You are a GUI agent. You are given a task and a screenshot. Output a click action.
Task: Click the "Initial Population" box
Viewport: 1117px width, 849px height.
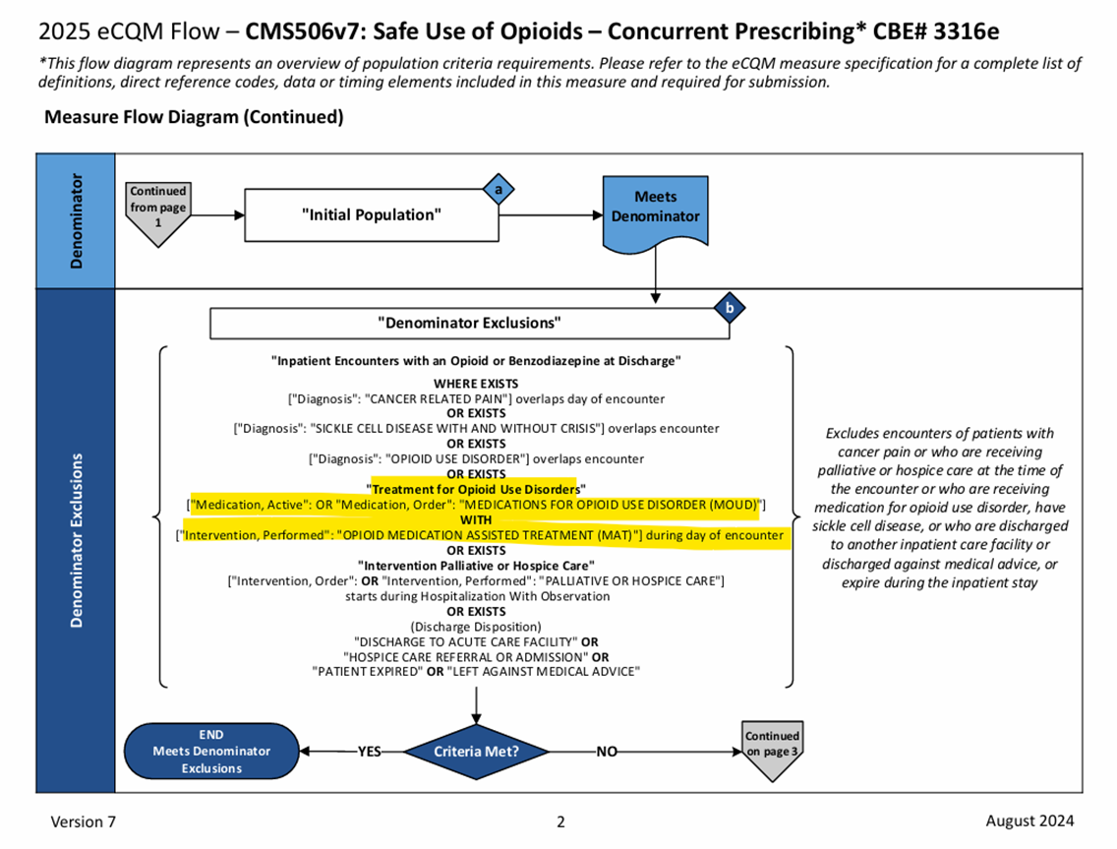click(x=372, y=214)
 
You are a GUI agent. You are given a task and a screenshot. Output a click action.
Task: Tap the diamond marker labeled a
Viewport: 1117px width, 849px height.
click(x=499, y=188)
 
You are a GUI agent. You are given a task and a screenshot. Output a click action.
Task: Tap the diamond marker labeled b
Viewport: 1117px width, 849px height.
click(x=729, y=308)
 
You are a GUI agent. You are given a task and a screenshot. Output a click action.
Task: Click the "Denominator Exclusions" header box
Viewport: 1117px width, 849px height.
click(x=469, y=323)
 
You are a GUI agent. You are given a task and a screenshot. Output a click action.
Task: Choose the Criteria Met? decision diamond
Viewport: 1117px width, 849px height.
click(x=476, y=752)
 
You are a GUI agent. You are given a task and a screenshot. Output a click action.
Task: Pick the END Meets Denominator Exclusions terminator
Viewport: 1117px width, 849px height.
click(x=211, y=752)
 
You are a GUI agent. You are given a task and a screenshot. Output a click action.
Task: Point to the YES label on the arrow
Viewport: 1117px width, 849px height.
click(x=369, y=752)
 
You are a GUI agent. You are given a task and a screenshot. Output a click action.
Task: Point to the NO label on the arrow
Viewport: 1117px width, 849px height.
click(x=607, y=752)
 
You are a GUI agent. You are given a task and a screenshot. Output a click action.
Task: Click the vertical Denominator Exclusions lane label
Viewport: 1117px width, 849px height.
click(x=76, y=540)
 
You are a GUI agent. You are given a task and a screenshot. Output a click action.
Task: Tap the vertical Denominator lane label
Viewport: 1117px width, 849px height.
click(x=76, y=221)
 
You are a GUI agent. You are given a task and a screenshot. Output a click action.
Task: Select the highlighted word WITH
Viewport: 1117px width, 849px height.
click(x=476, y=519)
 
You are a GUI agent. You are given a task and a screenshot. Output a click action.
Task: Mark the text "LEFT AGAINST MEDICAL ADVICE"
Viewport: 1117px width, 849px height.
click(x=544, y=671)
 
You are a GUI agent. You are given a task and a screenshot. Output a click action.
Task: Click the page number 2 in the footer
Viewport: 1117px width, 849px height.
click(x=560, y=821)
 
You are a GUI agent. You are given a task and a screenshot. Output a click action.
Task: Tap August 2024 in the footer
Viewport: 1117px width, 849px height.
click(x=1029, y=820)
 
